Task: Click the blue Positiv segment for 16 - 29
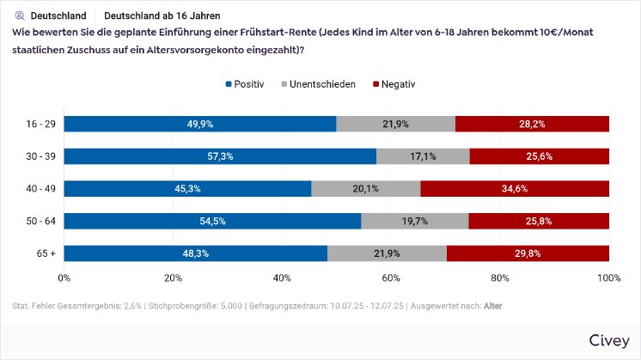(x=199, y=124)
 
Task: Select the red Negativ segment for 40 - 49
(x=515, y=188)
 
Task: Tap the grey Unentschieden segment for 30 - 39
(x=423, y=156)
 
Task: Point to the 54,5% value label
(x=212, y=221)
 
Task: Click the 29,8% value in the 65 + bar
(x=528, y=253)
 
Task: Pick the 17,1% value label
(x=423, y=156)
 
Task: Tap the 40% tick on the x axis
(x=282, y=278)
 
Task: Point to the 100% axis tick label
(x=608, y=278)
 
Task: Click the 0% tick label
(x=64, y=278)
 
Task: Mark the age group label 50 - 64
(x=41, y=221)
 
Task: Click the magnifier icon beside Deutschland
(x=19, y=15)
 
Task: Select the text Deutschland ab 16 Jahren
(x=162, y=15)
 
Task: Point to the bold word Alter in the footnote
(x=493, y=306)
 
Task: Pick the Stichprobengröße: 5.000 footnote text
(x=196, y=306)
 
